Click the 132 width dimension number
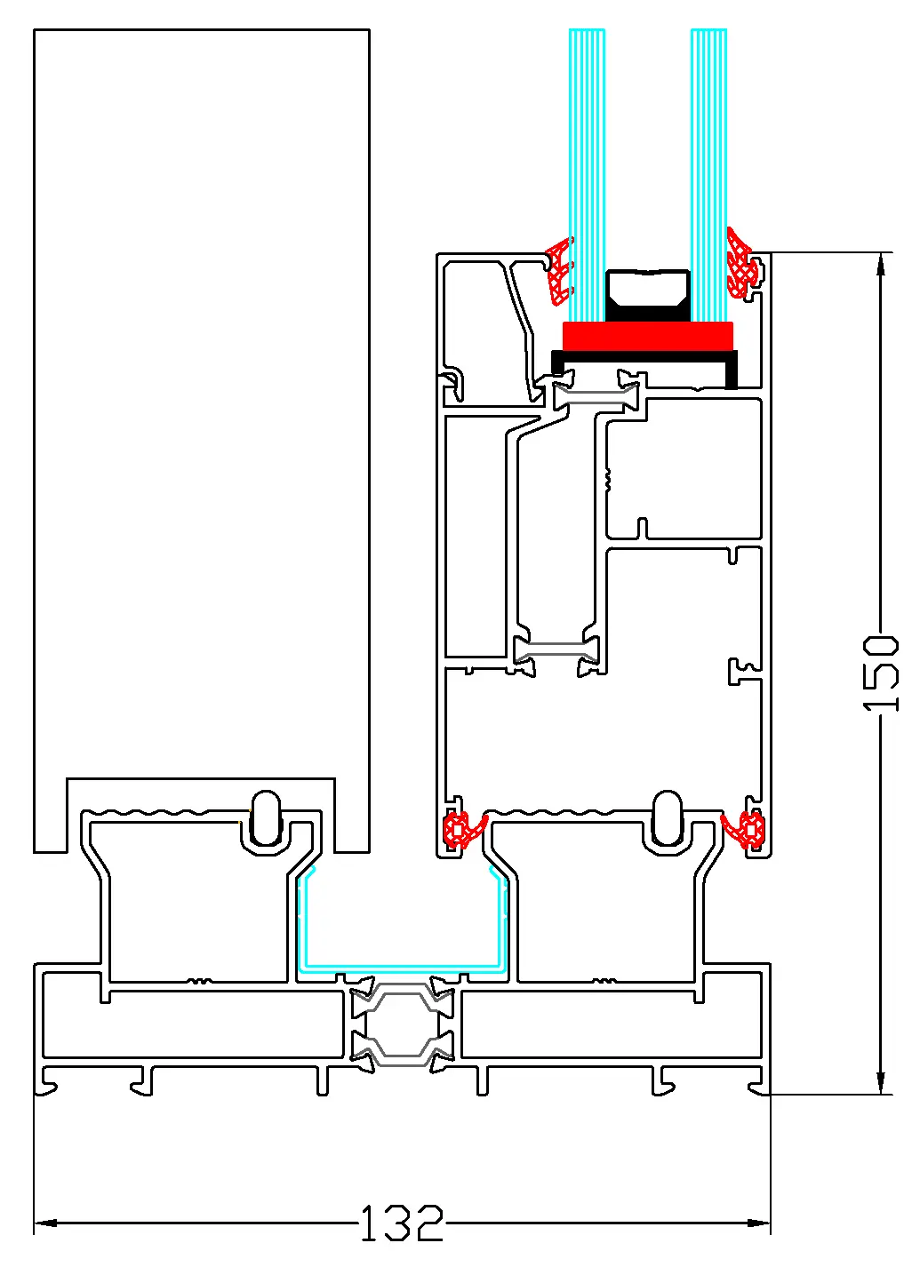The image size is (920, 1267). point(402,1223)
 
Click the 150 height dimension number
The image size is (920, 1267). point(881,673)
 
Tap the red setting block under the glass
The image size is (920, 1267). point(648,336)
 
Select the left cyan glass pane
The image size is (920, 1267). point(587,169)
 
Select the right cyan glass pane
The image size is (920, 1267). point(708,169)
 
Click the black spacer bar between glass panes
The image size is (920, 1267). point(648,293)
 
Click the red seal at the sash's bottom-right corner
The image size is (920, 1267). point(745,830)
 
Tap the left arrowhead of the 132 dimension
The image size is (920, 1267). point(44,1223)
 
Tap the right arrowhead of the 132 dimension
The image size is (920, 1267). point(760,1223)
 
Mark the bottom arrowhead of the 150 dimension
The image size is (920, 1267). point(881,1083)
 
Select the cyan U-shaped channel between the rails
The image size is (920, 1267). point(404,965)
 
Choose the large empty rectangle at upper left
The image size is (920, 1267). point(201,400)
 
